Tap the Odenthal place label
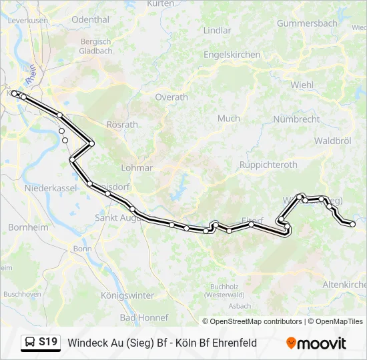click(x=90, y=20)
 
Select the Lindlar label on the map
click(x=217, y=31)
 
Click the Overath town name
click(x=171, y=97)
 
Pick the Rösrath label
click(x=122, y=125)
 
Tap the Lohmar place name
click(x=137, y=168)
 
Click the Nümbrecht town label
click(x=296, y=119)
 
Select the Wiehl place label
click(x=302, y=85)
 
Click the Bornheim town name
click(x=29, y=227)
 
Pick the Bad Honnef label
click(x=144, y=318)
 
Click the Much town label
click(x=228, y=119)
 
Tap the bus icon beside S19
click(x=30, y=343)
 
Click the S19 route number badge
click(x=47, y=343)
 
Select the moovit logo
click(x=316, y=343)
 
